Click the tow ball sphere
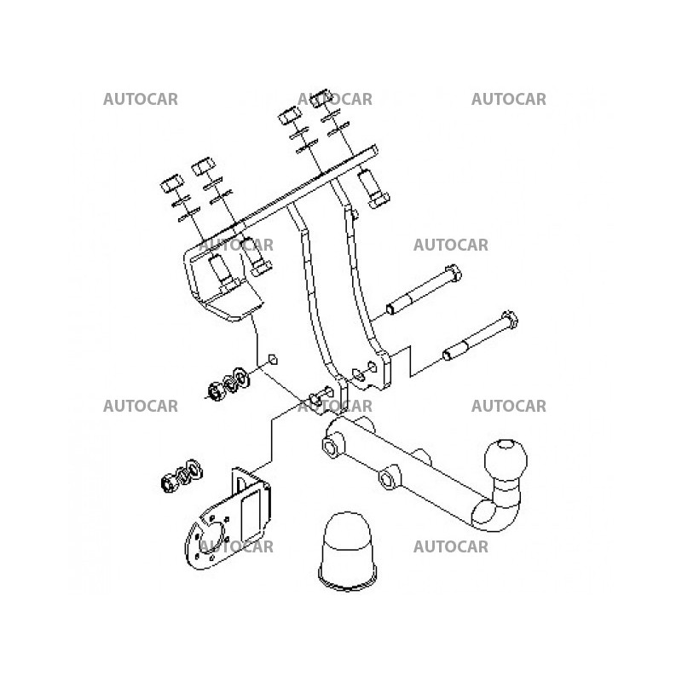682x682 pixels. click(506, 460)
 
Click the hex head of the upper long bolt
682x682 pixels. click(454, 273)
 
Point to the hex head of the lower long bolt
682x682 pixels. click(509, 321)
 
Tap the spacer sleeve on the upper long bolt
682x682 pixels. click(398, 305)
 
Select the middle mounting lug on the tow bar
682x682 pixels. click(389, 477)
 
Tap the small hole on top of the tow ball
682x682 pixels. click(505, 444)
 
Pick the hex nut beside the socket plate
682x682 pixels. click(167, 482)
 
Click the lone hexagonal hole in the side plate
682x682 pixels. click(273, 360)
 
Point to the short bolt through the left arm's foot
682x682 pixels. click(321, 396)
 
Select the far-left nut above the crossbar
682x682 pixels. click(172, 183)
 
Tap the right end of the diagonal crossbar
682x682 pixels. click(374, 151)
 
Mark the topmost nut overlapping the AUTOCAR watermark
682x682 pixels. click(324, 98)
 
